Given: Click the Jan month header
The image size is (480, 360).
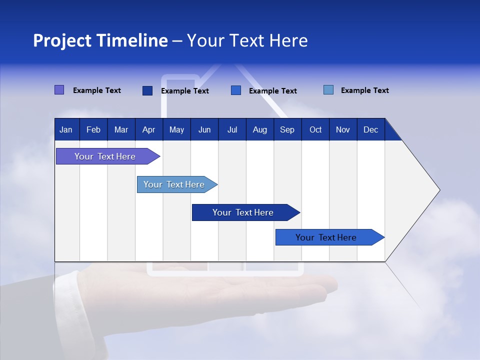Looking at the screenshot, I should (x=66, y=130).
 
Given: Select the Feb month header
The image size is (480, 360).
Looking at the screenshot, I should (x=93, y=130).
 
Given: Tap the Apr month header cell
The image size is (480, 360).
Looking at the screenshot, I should (x=148, y=130).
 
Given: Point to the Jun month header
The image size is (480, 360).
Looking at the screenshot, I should (x=204, y=130).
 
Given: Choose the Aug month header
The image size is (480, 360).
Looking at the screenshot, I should (x=259, y=130).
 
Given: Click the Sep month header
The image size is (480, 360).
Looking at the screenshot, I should (x=287, y=130).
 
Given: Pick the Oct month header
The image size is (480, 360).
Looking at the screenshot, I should (x=315, y=130).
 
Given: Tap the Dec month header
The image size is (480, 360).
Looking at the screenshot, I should (x=370, y=130).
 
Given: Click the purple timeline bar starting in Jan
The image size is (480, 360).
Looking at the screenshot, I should (x=105, y=156).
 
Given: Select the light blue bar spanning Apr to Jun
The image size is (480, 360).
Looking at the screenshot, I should (x=174, y=184).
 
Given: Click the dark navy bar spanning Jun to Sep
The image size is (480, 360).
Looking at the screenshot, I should (x=243, y=212).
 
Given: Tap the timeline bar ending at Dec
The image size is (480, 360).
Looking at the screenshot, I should (x=326, y=237).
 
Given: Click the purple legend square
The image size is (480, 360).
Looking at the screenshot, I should (x=59, y=90).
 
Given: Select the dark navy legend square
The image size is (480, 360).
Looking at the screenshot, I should (x=147, y=90).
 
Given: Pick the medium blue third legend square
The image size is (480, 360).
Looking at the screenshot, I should (x=236, y=90).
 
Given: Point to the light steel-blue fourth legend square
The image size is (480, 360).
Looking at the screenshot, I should (x=328, y=90).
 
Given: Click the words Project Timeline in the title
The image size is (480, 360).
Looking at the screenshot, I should (x=100, y=40).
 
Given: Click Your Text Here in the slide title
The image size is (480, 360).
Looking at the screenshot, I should (x=247, y=40).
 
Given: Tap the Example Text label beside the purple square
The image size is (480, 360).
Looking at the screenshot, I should (x=97, y=90).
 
